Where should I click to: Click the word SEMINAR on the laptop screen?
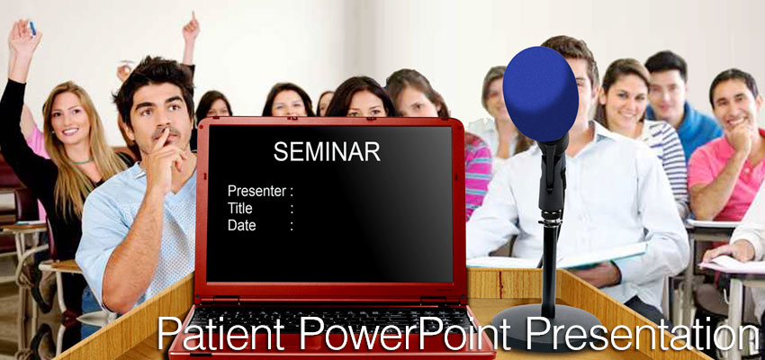pyautogui.click(x=327, y=151)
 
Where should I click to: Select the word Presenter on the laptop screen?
pyautogui.click(x=256, y=191)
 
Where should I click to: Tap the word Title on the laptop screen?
pyautogui.click(x=240, y=208)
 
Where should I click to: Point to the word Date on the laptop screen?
pyautogui.click(x=241, y=225)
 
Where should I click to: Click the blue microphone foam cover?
pyautogui.click(x=541, y=93)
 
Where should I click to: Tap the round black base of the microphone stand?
pyautogui.click(x=546, y=328)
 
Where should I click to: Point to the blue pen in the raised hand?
pyautogui.click(x=31, y=28)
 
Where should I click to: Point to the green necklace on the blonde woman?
pyautogui.click(x=83, y=161)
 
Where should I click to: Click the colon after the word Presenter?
pyautogui.click(x=292, y=192)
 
